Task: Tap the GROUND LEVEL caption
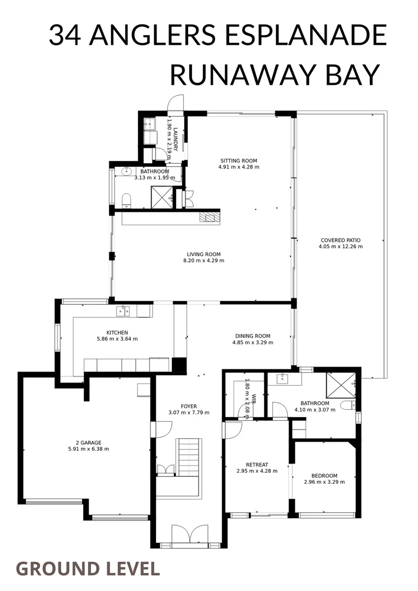[88, 569]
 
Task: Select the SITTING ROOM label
[239, 160]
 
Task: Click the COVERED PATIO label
[340, 240]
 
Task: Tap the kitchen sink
[123, 311]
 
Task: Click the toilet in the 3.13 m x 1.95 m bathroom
[126, 200]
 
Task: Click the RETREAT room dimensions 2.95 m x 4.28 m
[257, 471]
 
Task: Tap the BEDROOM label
[324, 476]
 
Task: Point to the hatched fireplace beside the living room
[209, 217]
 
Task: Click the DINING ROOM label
[253, 336]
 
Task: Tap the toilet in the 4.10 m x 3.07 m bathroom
[347, 405]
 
